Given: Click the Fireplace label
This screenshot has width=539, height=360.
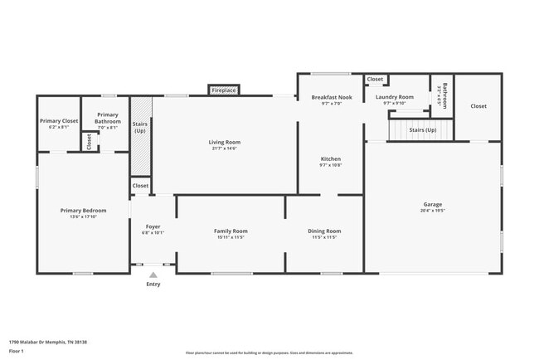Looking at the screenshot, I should pyautogui.click(x=224, y=90).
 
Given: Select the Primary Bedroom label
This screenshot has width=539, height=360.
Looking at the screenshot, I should pyautogui.click(x=83, y=210).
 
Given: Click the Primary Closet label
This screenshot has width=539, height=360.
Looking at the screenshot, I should pyautogui.click(x=57, y=121).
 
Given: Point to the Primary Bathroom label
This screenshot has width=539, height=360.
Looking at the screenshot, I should pyautogui.click(x=108, y=118).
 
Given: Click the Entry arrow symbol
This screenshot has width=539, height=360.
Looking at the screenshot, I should pyautogui.click(x=153, y=275).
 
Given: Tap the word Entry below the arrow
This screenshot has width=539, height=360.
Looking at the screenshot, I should pyautogui.click(x=153, y=284).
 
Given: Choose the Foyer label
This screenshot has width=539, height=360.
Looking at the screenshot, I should pyautogui.click(x=153, y=226).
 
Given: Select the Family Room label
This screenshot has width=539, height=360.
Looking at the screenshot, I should pyautogui.click(x=231, y=231).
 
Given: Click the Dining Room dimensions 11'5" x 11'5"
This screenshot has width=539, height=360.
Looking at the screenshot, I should pyautogui.click(x=324, y=237).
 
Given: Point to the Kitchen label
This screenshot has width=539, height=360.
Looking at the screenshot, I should pyautogui.click(x=331, y=158).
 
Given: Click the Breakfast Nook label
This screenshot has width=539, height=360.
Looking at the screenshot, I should pyautogui.click(x=332, y=97).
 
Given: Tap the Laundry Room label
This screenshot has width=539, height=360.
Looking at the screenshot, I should pyautogui.click(x=394, y=97).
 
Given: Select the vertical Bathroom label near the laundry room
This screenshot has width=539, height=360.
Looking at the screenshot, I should pyautogui.click(x=444, y=95).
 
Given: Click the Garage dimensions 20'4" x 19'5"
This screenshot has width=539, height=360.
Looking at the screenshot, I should pyautogui.click(x=432, y=211).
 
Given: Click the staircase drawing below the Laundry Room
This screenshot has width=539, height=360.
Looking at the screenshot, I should pyautogui.click(x=419, y=129).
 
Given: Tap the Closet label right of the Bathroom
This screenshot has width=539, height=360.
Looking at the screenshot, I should pyautogui.click(x=478, y=105).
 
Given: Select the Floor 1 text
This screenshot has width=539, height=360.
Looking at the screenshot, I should pyautogui.click(x=17, y=351).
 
